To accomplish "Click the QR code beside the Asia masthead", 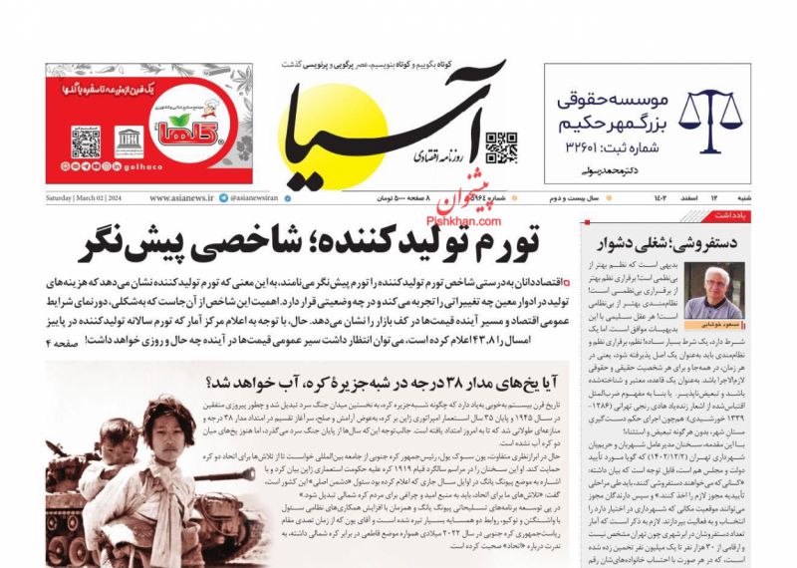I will pos(500,146).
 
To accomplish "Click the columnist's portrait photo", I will pos(714,291).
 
